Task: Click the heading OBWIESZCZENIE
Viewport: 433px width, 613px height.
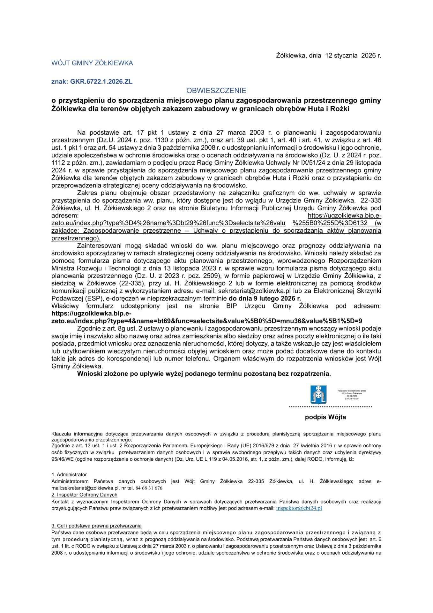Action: point(216,91)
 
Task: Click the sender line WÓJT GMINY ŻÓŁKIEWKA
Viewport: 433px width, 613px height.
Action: point(92,63)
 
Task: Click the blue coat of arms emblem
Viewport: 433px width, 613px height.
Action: point(318,394)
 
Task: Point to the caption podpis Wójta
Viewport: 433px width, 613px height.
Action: point(325,417)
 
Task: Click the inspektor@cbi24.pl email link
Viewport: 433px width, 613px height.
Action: point(299,508)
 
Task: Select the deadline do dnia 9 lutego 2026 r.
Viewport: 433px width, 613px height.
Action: point(265,299)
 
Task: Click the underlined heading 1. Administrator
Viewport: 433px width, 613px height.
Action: point(69,475)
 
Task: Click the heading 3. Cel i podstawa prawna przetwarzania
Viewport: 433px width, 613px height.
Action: point(96,526)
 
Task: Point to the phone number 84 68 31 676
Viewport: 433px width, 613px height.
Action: point(149,488)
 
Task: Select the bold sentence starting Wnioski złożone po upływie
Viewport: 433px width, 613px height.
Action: point(204,374)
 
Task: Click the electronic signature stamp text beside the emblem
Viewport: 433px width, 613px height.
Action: point(352,395)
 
